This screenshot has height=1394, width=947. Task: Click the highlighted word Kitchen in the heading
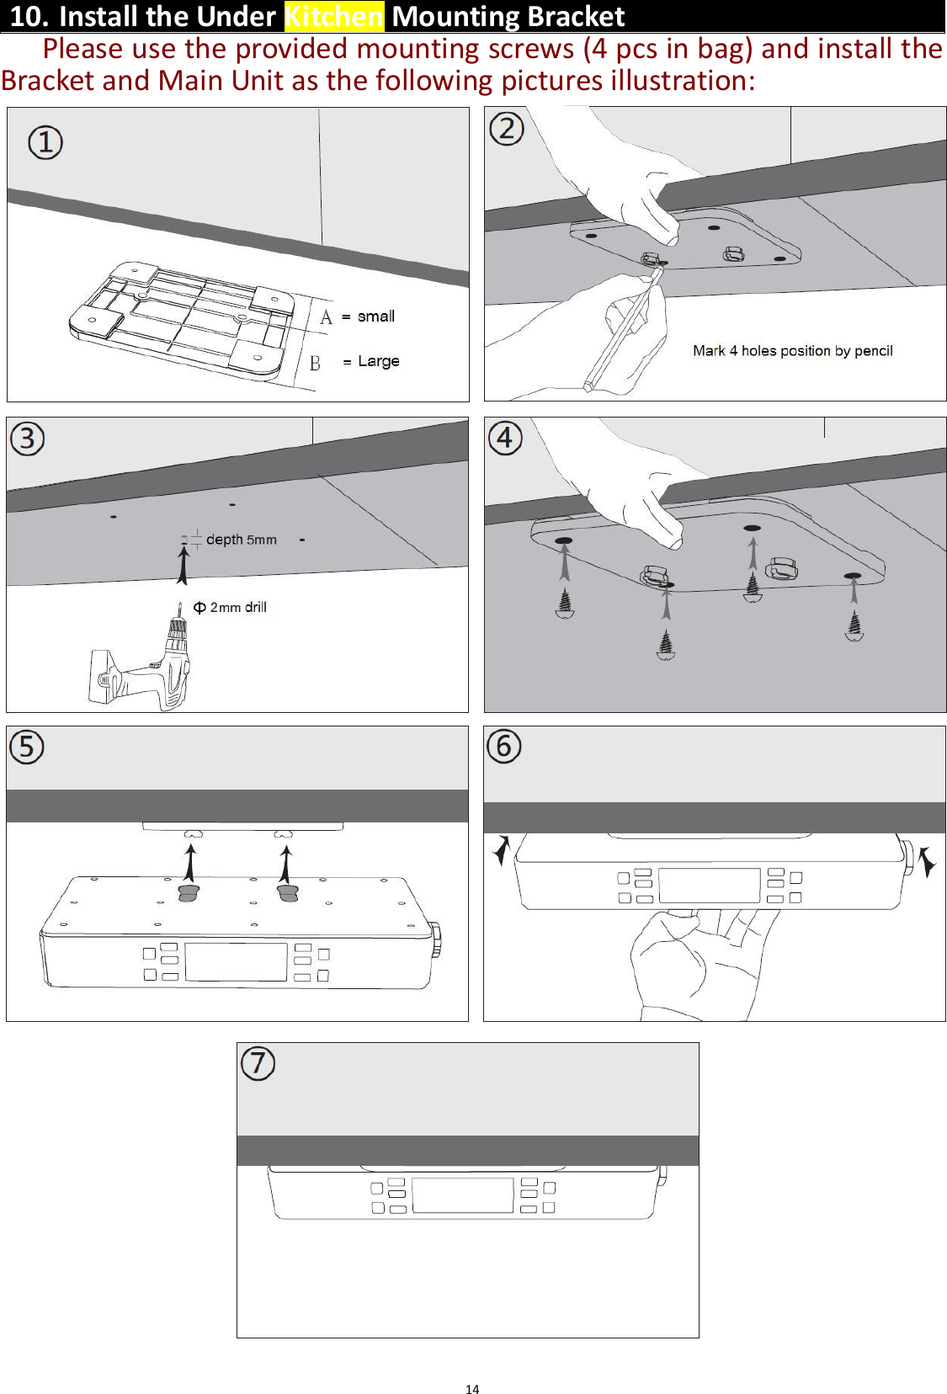[x=333, y=16]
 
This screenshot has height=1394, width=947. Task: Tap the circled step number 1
[x=45, y=142]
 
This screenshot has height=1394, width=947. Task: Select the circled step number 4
[x=505, y=438]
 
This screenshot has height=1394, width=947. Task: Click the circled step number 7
[x=258, y=1063]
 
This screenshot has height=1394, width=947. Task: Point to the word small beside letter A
[x=375, y=317]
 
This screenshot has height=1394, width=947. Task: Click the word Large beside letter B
[x=378, y=361]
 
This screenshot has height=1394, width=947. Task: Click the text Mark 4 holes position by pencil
[x=792, y=351]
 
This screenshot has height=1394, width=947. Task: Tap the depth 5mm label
[x=241, y=540]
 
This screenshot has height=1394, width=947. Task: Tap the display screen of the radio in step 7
[x=462, y=1195]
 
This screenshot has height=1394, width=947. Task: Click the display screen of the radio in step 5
[x=236, y=961]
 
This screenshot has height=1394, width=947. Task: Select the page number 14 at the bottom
[x=472, y=1389]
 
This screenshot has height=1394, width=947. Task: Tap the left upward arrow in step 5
[x=191, y=863]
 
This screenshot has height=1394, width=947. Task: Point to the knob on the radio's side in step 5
[x=435, y=939]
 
